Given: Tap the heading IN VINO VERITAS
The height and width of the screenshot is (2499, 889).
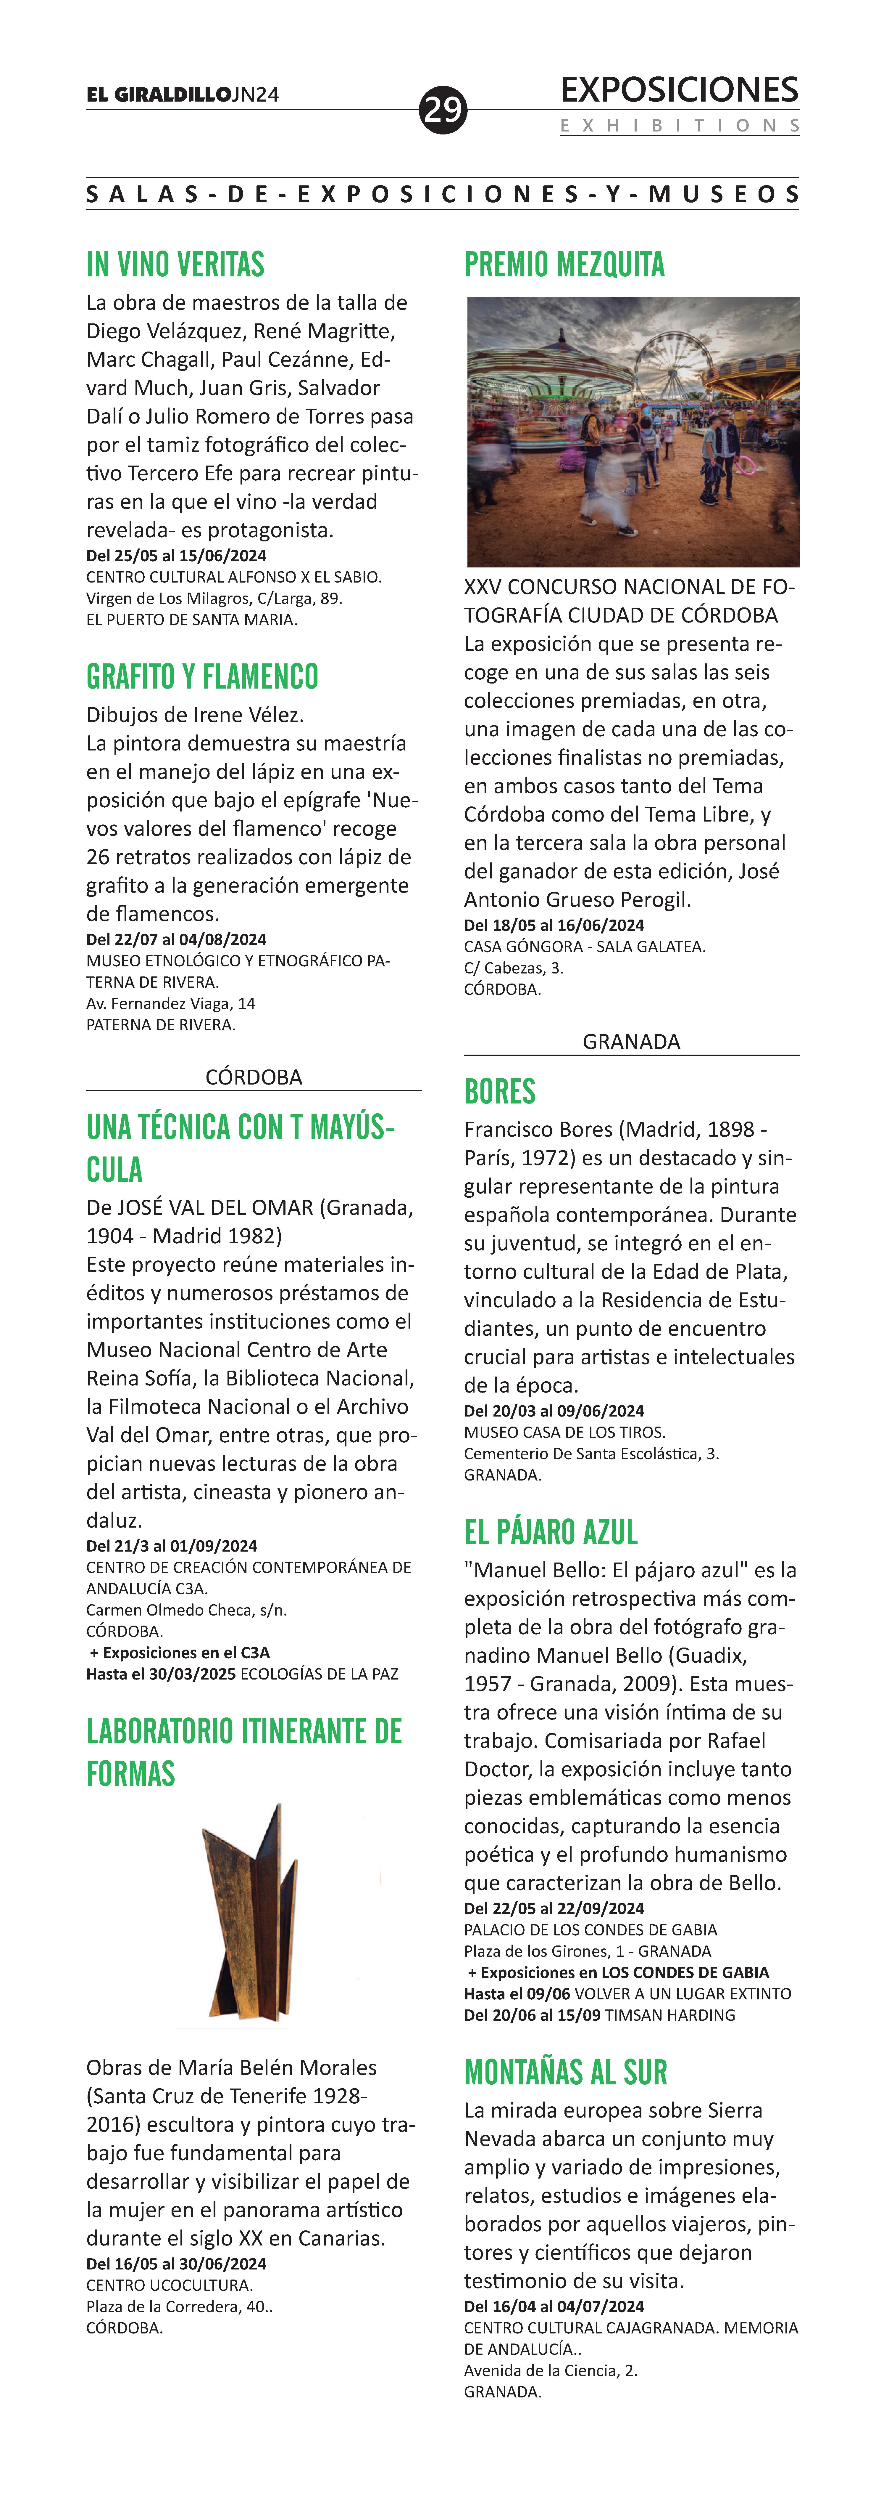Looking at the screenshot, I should (x=175, y=265).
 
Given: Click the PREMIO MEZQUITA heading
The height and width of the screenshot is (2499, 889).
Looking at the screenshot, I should (x=564, y=265).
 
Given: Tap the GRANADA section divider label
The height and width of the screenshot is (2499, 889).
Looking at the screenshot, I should (x=631, y=1042).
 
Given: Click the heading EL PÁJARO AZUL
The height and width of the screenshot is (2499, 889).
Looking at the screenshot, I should (x=551, y=1532).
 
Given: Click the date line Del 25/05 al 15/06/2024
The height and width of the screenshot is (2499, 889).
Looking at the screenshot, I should (x=176, y=556).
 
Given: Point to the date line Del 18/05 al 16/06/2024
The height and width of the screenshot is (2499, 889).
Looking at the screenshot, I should (x=554, y=926).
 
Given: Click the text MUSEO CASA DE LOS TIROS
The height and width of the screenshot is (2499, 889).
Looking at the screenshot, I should (x=564, y=1432).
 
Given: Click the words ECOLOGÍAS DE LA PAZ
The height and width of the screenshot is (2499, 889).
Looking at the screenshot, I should (x=319, y=1673).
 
